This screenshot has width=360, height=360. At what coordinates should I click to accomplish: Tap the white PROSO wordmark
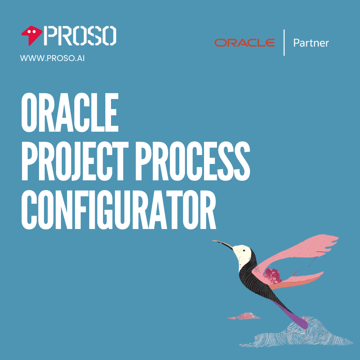coord(80,36)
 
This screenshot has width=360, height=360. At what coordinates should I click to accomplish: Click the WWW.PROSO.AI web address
coord(52,58)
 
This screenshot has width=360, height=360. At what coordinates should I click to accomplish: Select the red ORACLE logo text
coord(245,43)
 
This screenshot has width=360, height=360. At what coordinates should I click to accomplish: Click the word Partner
coord(311,43)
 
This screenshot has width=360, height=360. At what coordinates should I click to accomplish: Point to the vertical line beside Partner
coord(284,43)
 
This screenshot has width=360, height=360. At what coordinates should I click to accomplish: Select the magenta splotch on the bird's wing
coord(273,275)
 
